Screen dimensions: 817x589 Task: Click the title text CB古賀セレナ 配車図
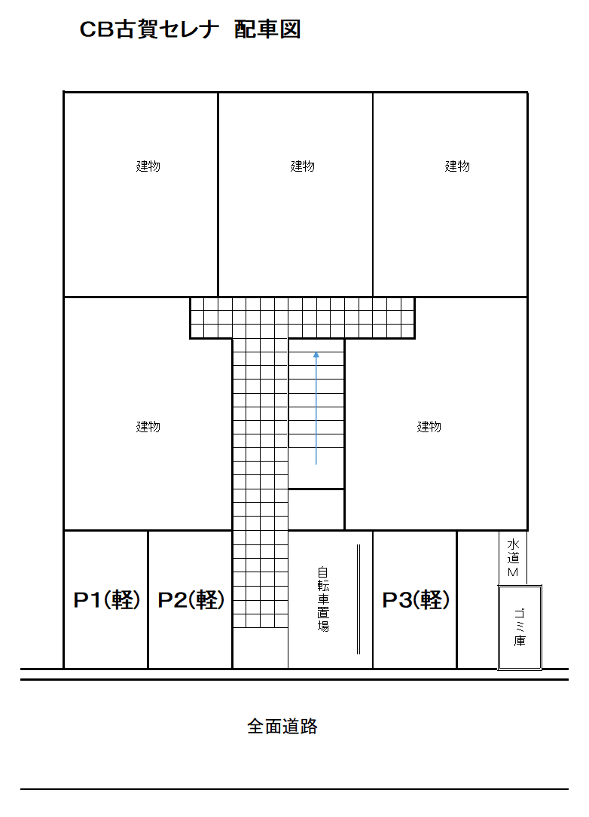click(x=190, y=29)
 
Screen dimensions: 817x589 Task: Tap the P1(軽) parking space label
click(x=106, y=600)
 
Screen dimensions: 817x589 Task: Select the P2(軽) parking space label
click(x=191, y=600)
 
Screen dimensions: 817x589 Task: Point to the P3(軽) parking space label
click(x=416, y=600)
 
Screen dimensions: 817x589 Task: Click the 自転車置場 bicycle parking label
click(x=323, y=599)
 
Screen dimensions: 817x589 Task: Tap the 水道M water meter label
click(x=514, y=558)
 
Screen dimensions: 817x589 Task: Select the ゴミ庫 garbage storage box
click(x=520, y=626)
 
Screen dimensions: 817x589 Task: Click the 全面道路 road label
click(x=282, y=727)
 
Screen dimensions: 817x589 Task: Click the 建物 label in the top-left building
click(x=148, y=166)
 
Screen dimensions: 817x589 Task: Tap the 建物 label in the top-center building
click(x=303, y=166)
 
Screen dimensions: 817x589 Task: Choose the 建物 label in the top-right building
click(x=457, y=166)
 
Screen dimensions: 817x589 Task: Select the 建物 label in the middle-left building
click(x=148, y=427)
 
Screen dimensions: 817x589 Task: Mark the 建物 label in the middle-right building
click(x=429, y=427)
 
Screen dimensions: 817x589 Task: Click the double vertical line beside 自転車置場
click(x=359, y=599)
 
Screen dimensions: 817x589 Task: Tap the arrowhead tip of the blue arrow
click(x=316, y=352)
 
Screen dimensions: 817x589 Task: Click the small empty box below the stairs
click(x=316, y=509)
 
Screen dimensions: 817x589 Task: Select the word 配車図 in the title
click(x=267, y=29)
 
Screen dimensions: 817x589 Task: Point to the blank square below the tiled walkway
click(x=260, y=648)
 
